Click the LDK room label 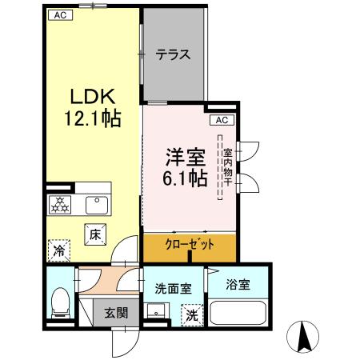(92, 98)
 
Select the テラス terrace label (173, 55)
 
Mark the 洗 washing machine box (192, 315)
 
